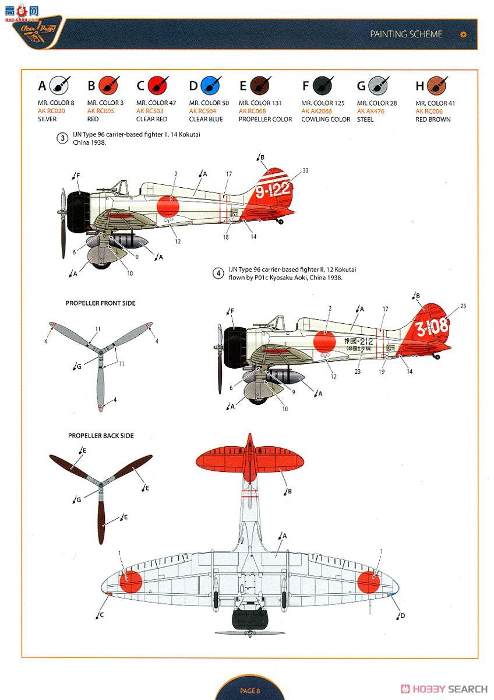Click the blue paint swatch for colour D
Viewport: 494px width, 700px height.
point(210,86)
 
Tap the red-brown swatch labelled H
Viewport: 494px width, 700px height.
point(436,86)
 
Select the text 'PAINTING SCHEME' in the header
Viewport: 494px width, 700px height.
point(406,34)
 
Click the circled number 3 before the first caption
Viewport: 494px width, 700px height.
point(62,138)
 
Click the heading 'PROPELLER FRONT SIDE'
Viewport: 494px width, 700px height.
point(100,303)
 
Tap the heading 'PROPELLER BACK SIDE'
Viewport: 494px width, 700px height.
point(101,436)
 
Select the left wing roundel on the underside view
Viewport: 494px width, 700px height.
point(130,582)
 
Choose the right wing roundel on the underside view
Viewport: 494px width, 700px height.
point(368,582)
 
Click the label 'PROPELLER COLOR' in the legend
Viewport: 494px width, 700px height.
point(265,120)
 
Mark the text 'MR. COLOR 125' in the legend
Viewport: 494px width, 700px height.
point(323,103)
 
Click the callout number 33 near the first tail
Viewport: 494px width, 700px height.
point(306,170)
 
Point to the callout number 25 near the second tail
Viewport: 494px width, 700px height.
point(463,306)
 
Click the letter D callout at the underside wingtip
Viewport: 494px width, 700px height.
point(403,616)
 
